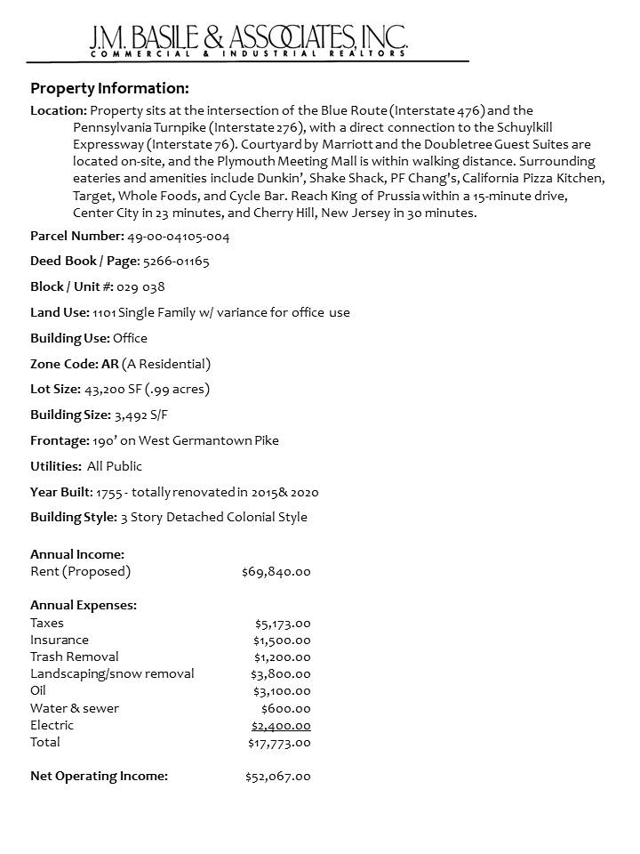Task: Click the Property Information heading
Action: click(x=109, y=88)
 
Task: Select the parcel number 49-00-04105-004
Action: click(x=180, y=237)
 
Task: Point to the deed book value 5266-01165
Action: click(x=176, y=262)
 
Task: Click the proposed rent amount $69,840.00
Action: click(x=276, y=571)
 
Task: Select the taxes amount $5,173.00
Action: click(x=283, y=623)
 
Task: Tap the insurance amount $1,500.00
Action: click(x=283, y=640)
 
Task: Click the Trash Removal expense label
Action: click(x=75, y=657)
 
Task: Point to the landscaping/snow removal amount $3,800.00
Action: click(x=281, y=674)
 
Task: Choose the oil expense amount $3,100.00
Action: click(x=282, y=691)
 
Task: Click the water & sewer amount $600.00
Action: click(x=286, y=708)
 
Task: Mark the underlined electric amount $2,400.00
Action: click(x=281, y=725)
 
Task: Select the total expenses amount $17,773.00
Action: click(x=279, y=742)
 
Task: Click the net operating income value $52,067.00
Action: click(x=278, y=777)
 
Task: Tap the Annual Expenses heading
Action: click(x=84, y=605)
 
